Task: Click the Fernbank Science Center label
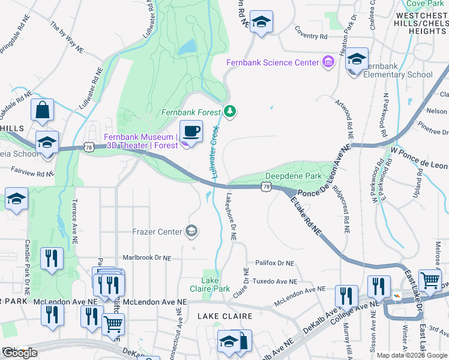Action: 273,63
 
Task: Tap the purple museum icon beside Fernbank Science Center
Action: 328,62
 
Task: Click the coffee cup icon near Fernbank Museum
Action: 191,131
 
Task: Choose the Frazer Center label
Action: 157,231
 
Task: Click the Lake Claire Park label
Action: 215,284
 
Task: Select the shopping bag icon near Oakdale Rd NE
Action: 43,110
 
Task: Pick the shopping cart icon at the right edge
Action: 430,280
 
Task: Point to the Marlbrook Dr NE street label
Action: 146,257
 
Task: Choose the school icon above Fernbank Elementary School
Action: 357,59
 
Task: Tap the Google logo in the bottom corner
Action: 20,353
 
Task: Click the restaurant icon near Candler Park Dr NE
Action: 52,259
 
